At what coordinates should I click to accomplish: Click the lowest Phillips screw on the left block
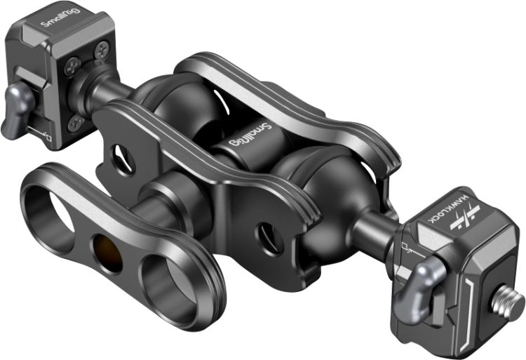pyautogui.click(x=76, y=123)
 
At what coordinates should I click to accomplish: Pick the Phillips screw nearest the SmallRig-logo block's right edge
pyautogui.click(x=102, y=51)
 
